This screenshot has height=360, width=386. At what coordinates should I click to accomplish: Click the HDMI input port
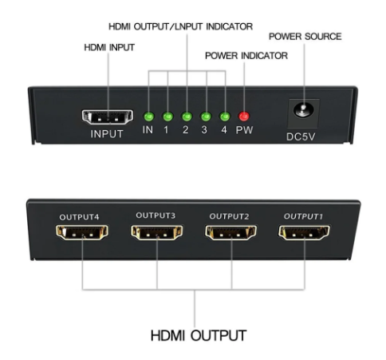click(x=108, y=117)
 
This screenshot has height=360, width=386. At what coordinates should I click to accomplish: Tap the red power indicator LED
click(x=243, y=117)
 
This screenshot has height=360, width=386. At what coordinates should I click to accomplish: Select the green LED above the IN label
click(x=148, y=117)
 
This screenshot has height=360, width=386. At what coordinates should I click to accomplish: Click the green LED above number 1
click(x=167, y=117)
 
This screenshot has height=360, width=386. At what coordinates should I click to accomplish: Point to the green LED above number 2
click(x=186, y=117)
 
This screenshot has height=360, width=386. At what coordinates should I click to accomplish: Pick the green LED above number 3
click(x=205, y=117)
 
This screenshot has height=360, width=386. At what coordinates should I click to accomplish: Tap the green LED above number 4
click(x=224, y=117)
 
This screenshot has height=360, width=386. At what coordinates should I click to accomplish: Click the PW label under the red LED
click(x=243, y=131)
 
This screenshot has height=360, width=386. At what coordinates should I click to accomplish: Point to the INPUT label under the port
click(x=107, y=133)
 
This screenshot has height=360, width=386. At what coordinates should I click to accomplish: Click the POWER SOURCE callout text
click(x=305, y=36)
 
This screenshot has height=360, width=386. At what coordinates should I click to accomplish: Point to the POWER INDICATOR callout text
click(x=246, y=56)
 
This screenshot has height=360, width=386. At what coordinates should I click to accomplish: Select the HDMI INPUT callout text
click(x=109, y=48)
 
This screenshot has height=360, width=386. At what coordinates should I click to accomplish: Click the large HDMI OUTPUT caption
click(x=195, y=333)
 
